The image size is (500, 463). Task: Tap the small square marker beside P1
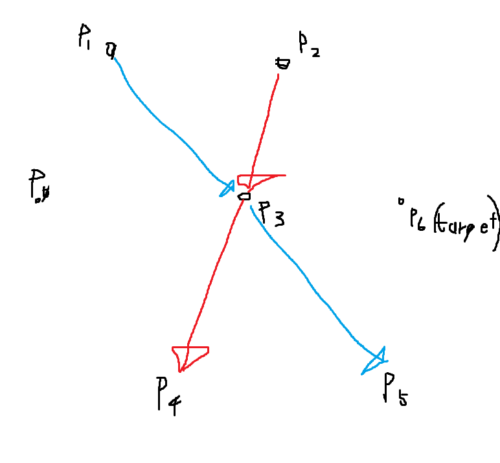(111, 48)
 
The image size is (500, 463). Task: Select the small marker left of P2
(282, 63)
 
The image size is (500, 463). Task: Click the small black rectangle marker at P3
(244, 195)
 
